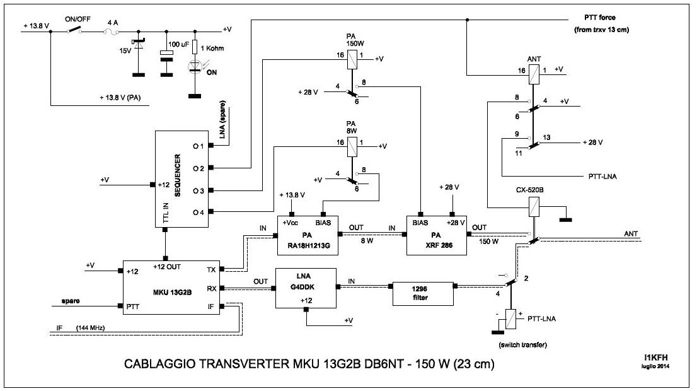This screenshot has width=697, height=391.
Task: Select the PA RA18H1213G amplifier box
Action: (x=308, y=235)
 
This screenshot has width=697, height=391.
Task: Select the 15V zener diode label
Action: (x=126, y=51)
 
